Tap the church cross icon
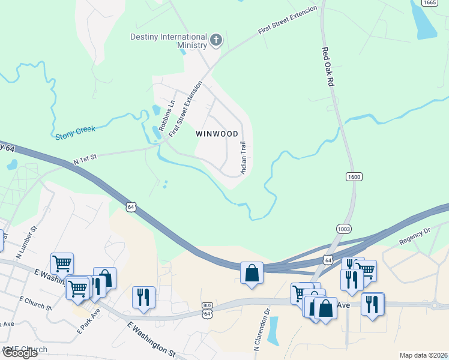(216, 41)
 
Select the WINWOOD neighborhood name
(217, 134)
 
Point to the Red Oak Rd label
(327, 68)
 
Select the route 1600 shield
(354, 176)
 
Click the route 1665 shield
(429, 2)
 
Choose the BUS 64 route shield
(207, 312)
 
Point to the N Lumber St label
(26, 238)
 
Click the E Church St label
(36, 302)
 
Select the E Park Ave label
(88, 322)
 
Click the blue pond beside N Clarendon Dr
(273, 330)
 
